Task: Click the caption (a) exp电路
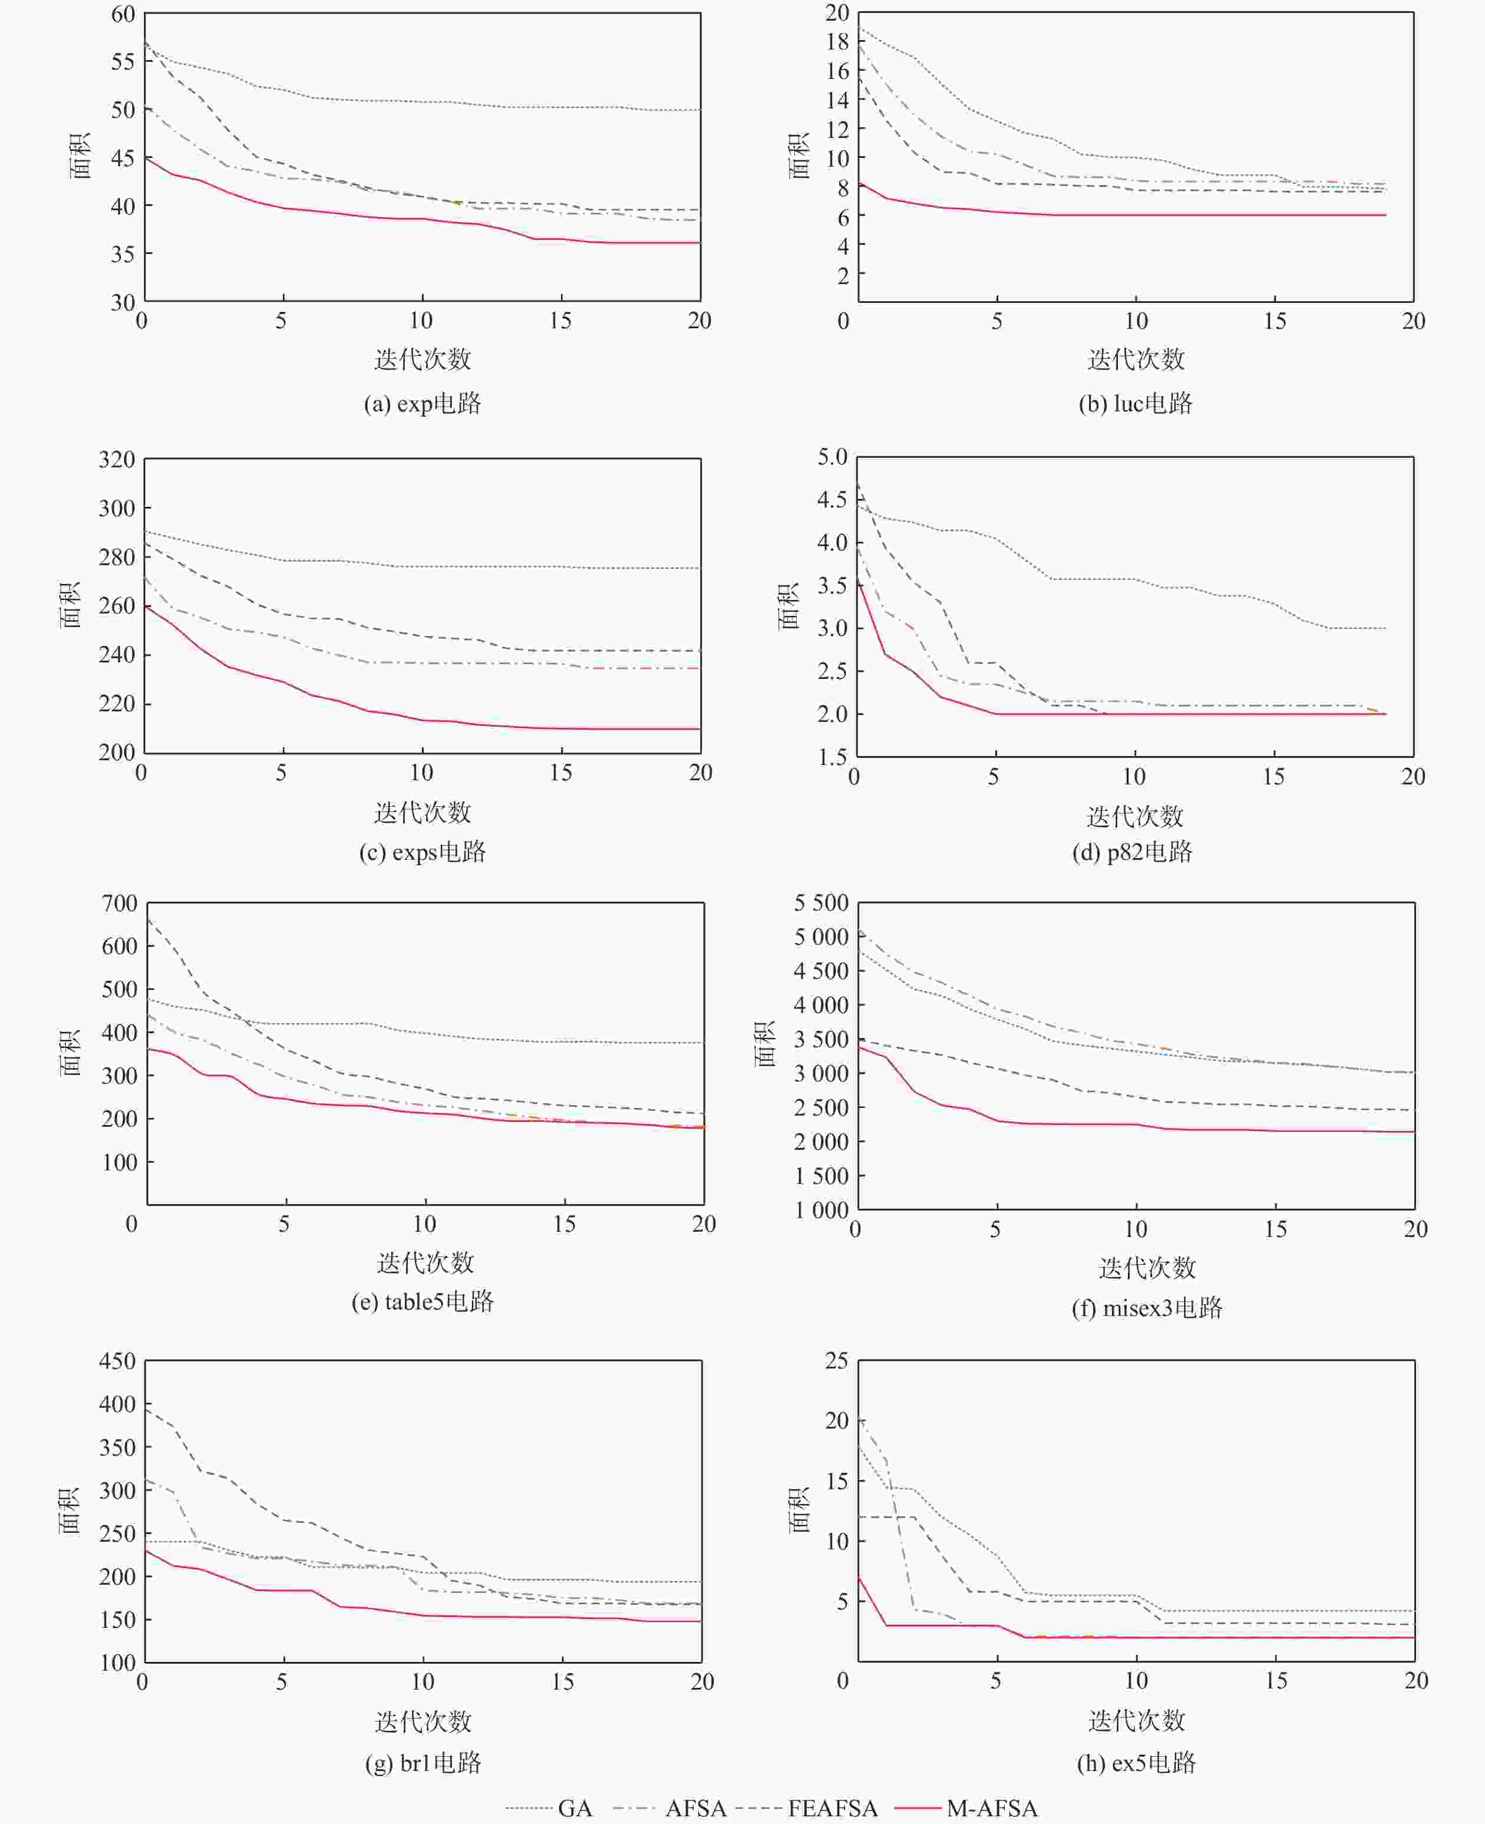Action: tap(423, 403)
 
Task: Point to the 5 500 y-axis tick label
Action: tap(820, 903)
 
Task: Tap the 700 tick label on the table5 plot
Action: tap(119, 903)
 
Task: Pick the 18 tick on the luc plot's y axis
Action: tap(837, 41)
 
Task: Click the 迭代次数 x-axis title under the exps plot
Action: tap(423, 812)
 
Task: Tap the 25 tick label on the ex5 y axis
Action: tap(836, 1360)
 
